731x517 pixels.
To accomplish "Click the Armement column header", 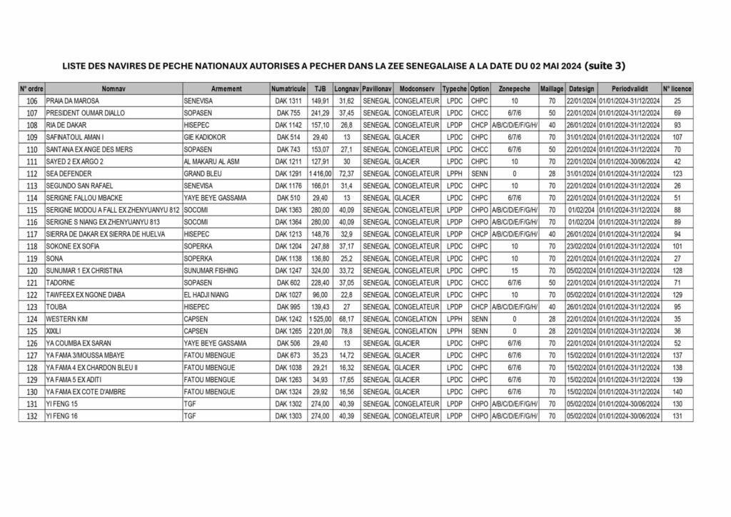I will click(226, 89).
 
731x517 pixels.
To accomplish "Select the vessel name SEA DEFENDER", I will click(69, 174).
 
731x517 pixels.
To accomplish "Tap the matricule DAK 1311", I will click(288, 101).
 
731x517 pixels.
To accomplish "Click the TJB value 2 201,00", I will click(320, 331).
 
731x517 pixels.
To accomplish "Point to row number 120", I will click(31, 271).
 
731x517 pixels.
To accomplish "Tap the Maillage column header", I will click(551, 89).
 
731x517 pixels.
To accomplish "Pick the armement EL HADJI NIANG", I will click(208, 295).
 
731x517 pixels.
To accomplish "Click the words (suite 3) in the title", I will click(604, 66).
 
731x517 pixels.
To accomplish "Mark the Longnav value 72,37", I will click(346, 174).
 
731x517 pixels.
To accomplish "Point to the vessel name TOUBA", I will click(57, 307).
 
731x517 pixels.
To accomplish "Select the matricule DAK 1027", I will click(288, 295).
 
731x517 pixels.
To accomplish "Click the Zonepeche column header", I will click(514, 89).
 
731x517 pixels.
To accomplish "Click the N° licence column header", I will click(677, 89).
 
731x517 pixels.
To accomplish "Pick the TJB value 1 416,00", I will click(320, 174).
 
